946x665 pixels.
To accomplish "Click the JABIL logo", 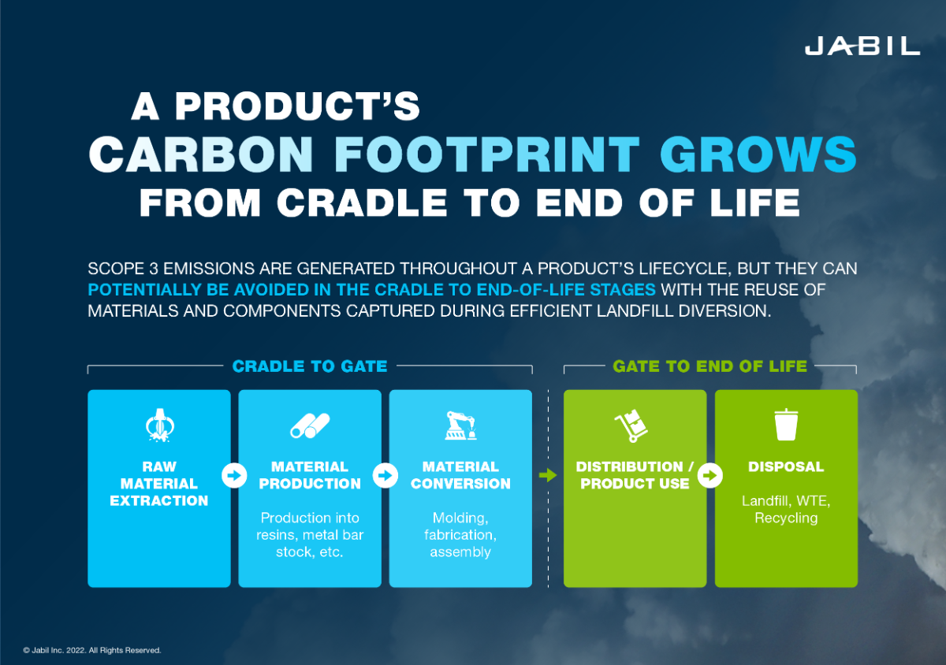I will pyautogui.click(x=862, y=46).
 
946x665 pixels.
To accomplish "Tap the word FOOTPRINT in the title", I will pyautogui.click(x=486, y=154).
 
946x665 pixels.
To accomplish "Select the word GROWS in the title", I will pyautogui.click(x=754, y=154).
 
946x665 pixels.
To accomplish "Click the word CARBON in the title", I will pyautogui.click(x=206, y=154).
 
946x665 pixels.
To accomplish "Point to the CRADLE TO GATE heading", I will pyautogui.click(x=309, y=366).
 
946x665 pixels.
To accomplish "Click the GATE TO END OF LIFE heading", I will pyautogui.click(x=709, y=366).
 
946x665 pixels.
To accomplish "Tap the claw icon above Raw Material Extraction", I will pyautogui.click(x=159, y=425).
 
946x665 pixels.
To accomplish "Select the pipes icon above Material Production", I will pyautogui.click(x=309, y=425).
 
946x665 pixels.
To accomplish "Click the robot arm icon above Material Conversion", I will pyautogui.click(x=460, y=425).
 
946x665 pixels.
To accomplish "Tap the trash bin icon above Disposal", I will pyautogui.click(x=786, y=425).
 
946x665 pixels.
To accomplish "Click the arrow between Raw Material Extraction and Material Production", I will pyautogui.click(x=234, y=476).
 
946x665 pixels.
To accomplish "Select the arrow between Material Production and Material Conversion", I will pyautogui.click(x=385, y=476).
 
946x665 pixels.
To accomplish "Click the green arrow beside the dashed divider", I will pyautogui.click(x=547, y=476).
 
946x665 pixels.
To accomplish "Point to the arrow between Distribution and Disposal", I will pyautogui.click(x=710, y=476).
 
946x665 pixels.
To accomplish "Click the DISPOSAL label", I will pyautogui.click(x=786, y=467).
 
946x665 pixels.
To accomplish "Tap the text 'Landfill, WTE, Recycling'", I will pyautogui.click(x=786, y=509).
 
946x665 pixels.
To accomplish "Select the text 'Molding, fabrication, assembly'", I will pyautogui.click(x=460, y=535).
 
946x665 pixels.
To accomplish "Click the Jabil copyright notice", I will pyautogui.click(x=92, y=651).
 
